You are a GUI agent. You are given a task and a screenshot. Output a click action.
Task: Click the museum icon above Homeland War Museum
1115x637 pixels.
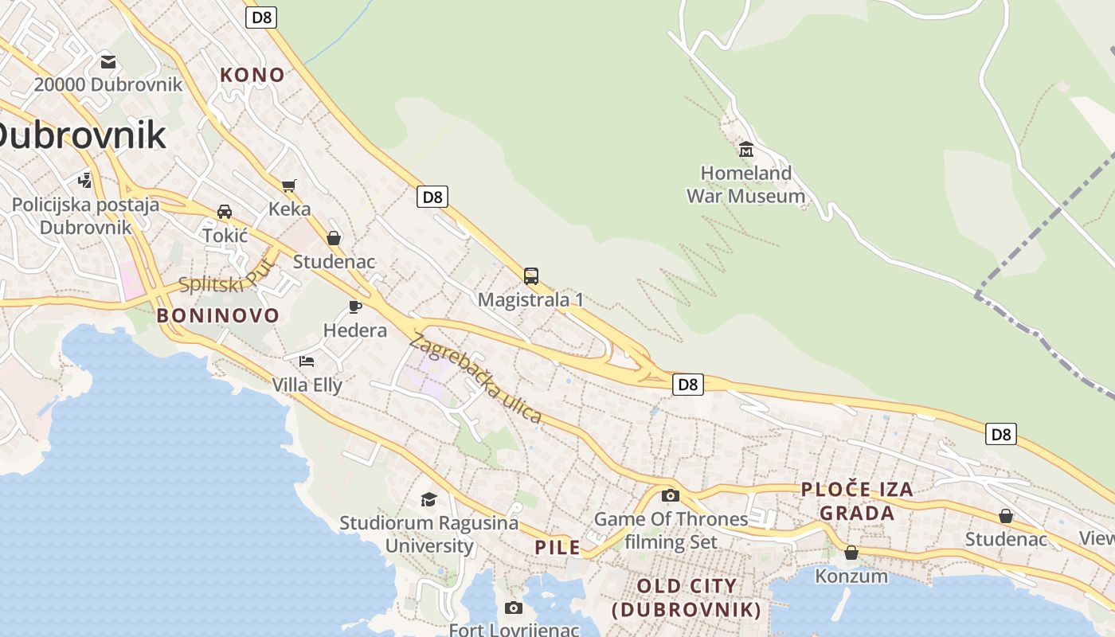746,149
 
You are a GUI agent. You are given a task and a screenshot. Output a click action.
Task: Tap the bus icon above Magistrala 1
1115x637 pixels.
531,276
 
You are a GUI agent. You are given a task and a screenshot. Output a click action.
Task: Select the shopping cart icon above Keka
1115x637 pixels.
289,186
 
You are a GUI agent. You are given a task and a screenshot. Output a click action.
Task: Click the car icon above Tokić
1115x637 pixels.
225,212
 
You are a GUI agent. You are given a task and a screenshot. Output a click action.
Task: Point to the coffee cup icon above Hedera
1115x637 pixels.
355,307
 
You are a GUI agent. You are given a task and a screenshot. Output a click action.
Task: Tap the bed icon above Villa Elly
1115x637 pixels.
307,361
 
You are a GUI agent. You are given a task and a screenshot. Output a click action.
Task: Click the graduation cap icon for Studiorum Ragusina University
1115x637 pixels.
428,499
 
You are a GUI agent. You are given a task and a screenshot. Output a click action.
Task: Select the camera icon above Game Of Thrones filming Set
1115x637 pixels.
671,495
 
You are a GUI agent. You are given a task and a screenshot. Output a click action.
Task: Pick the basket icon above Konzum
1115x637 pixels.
851,552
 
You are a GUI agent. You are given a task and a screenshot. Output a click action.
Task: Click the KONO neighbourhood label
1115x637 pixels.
252,75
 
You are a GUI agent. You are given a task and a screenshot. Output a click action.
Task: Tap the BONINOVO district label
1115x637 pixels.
218,315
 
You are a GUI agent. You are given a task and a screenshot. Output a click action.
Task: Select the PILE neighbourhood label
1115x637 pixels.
557,548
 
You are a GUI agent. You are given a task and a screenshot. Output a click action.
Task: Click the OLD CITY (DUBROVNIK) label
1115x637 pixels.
687,598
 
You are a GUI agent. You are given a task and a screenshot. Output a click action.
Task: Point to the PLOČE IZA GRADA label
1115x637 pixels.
857,501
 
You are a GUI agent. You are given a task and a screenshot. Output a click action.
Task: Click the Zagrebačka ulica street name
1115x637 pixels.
475,378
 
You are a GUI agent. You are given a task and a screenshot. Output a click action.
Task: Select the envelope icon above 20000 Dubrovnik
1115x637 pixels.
108,61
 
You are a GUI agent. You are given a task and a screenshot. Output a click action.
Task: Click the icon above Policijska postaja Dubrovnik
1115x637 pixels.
84,181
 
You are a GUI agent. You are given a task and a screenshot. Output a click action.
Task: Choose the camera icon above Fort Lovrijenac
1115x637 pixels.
514,608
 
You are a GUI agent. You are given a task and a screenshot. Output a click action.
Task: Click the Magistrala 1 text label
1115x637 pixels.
530,300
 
